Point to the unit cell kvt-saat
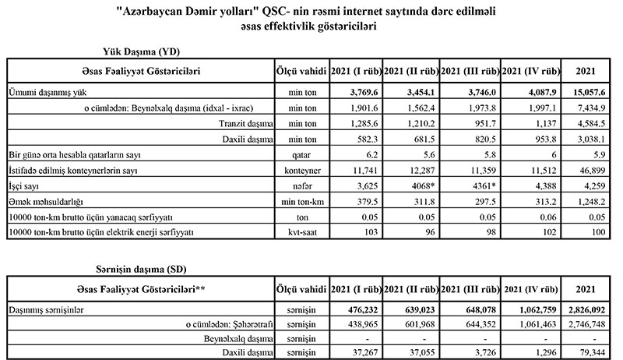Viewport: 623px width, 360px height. pyautogui.click(x=300, y=233)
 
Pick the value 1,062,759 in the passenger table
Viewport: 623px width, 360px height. pyautogui.click(x=530, y=309)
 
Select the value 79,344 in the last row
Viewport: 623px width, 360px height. pyautogui.click(x=590, y=354)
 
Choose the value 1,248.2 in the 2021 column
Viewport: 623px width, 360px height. pyautogui.click(x=590, y=203)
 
